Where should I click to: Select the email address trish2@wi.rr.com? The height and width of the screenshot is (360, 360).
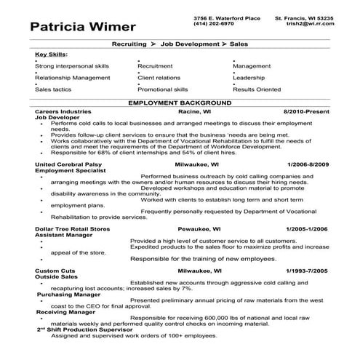coord(303,23)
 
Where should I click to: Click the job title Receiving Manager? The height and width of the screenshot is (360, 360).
coord(62,312)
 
